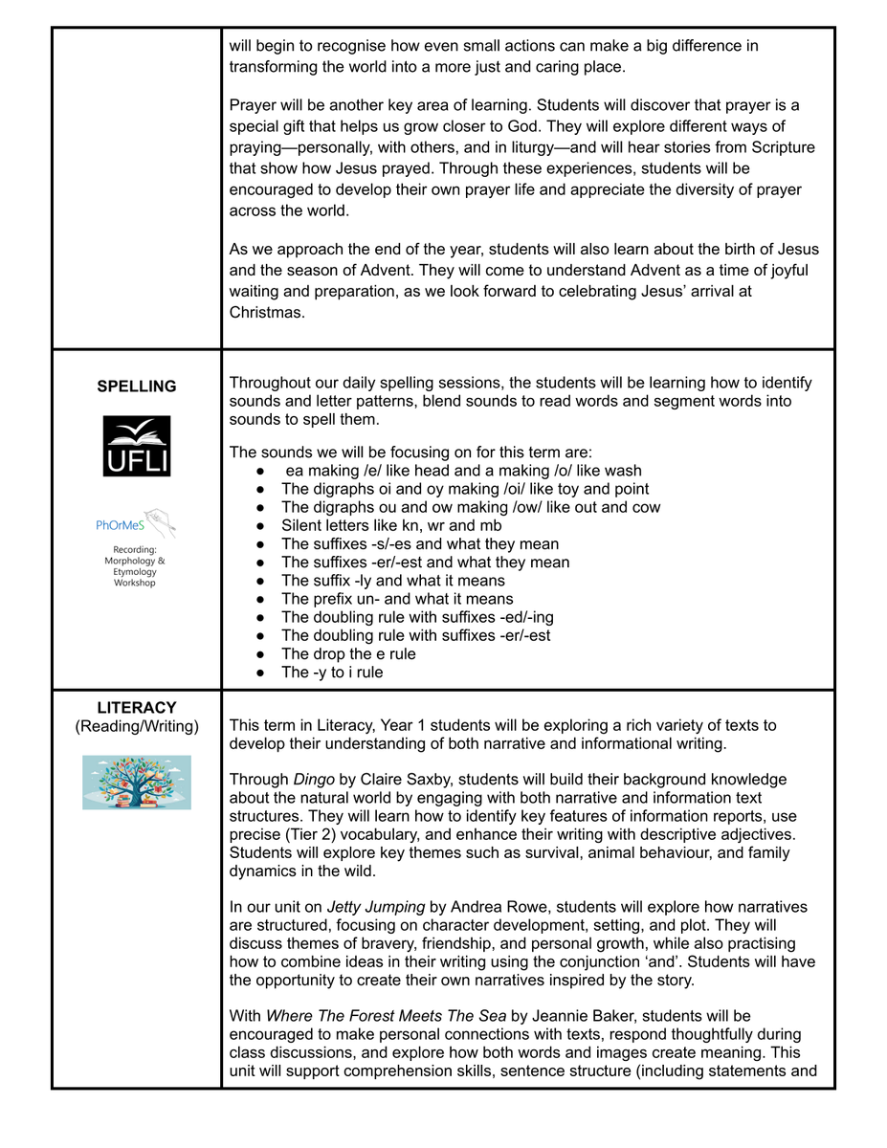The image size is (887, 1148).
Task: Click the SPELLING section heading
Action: click(137, 386)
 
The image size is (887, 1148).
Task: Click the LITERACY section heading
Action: click(137, 708)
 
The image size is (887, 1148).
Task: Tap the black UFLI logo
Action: click(137, 446)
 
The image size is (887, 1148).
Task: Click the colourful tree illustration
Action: click(137, 783)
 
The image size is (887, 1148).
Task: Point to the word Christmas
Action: click(267, 312)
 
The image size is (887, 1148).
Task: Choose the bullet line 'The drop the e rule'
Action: click(348, 654)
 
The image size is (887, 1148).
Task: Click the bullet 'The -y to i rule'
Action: click(332, 673)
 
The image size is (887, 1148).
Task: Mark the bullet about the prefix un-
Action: click(397, 599)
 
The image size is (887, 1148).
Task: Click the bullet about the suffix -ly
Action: click(392, 581)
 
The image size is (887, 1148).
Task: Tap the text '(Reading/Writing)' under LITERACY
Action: click(137, 727)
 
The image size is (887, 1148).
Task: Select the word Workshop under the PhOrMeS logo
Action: click(135, 583)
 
